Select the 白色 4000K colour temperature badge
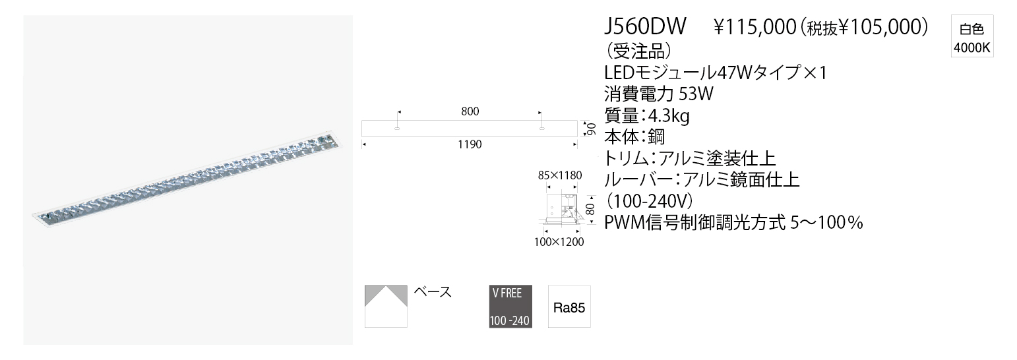(971, 38)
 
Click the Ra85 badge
(567, 307)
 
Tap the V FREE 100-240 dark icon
(510, 307)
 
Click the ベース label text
(433, 292)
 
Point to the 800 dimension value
(470, 112)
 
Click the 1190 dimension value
(469, 144)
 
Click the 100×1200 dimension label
(559, 242)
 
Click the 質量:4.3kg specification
(647, 116)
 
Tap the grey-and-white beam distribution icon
(386, 306)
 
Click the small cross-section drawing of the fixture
(562, 208)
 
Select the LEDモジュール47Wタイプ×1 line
(716, 71)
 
